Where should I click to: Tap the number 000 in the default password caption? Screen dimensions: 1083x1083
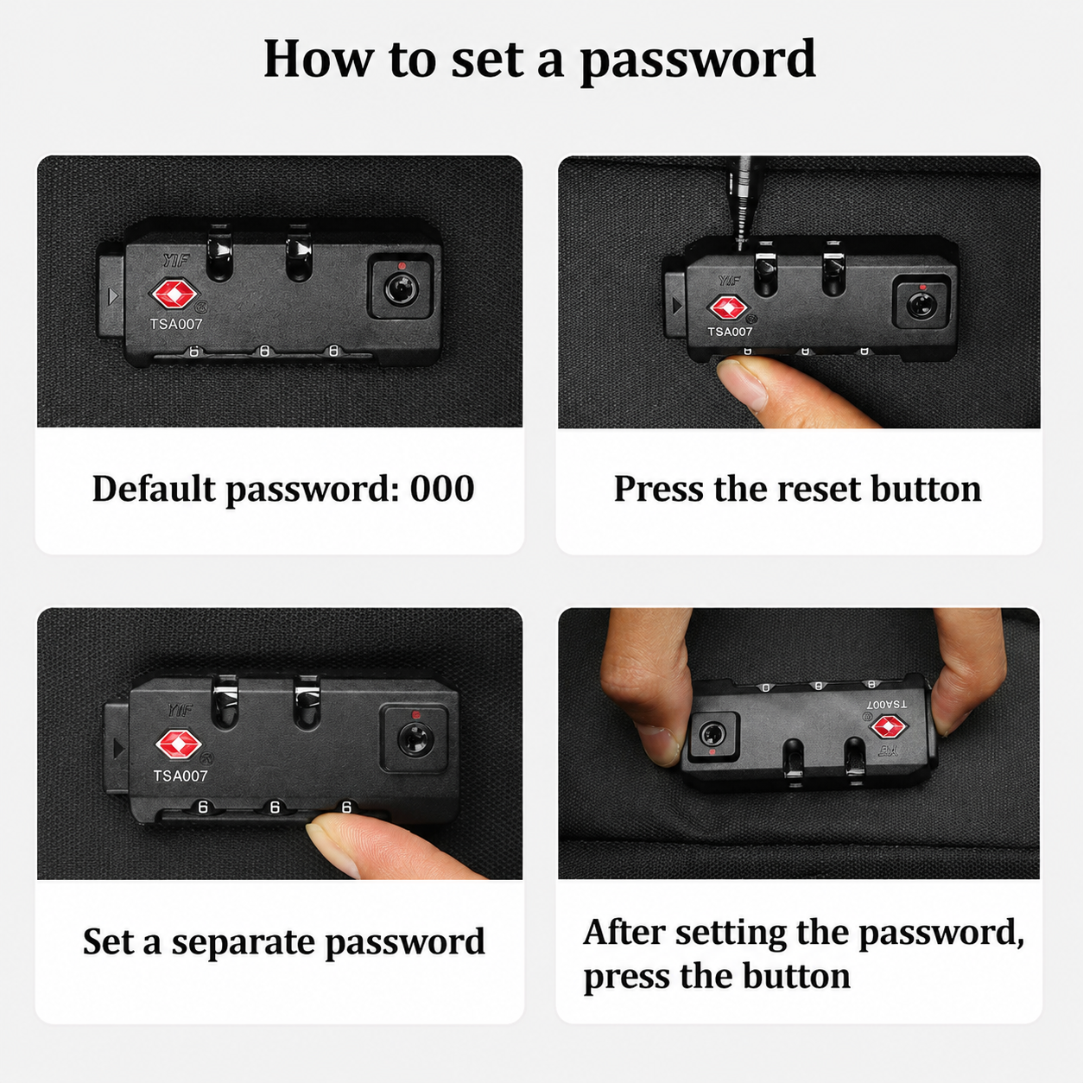tap(441, 489)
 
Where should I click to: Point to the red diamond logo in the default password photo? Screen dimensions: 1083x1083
tap(174, 294)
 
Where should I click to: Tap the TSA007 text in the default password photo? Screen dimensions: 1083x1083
tap(176, 324)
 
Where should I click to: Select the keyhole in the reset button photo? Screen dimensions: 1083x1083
tap(921, 306)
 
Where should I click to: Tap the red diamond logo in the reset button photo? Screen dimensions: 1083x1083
tap(728, 307)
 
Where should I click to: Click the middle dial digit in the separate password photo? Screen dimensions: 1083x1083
tap(275, 807)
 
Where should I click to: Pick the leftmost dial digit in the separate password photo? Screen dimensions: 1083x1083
tap(204, 807)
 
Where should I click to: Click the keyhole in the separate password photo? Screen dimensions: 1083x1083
tap(415, 739)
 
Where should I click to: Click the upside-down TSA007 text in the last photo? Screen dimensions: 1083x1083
tap(887, 704)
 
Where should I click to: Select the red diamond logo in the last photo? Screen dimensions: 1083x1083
tap(890, 727)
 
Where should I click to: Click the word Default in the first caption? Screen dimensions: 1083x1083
tap(154, 489)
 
